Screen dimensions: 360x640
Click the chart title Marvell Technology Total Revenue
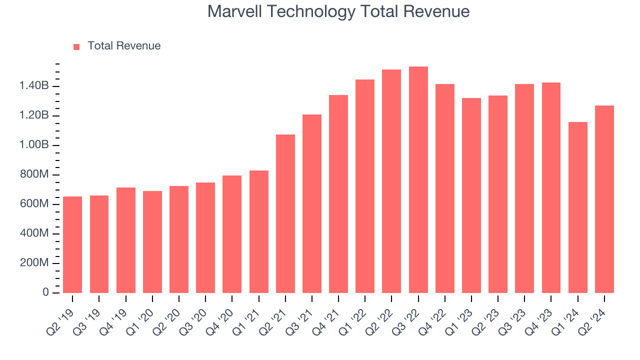click(338, 11)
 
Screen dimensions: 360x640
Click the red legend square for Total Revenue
click(76, 46)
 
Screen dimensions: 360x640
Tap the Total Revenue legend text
click(124, 46)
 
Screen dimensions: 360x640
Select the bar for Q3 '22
click(418, 180)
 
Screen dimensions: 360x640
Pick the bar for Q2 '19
click(72, 245)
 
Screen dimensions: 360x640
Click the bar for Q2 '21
click(285, 214)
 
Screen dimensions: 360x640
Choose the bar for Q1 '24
click(577, 207)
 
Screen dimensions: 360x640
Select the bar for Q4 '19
click(125, 240)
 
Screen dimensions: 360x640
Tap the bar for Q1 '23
click(471, 195)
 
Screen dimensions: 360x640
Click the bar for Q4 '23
click(551, 188)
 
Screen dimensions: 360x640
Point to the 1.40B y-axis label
click(34, 86)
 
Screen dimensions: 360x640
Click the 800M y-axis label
click(34, 175)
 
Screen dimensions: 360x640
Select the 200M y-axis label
click(34, 263)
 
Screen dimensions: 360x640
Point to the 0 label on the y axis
click(45, 292)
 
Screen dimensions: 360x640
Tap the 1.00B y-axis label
click(34, 145)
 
